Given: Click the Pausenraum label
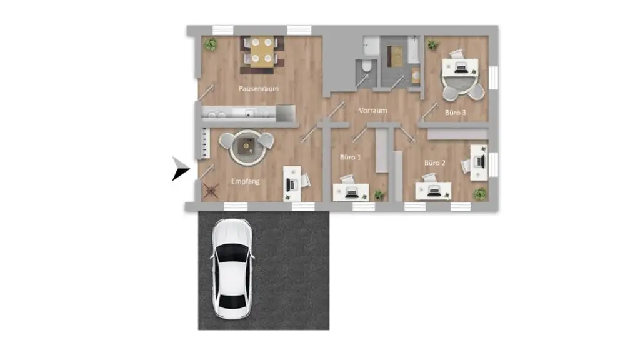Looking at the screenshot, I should pos(258,89).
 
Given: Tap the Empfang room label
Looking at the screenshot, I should pos(245,182).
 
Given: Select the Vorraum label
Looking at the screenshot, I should pos(372,111).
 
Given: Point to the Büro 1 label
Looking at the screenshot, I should pos(350,157).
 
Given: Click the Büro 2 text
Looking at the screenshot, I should pos(435,163).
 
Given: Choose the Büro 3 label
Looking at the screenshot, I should pos(456,113).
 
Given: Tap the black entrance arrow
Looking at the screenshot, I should pos(180,169).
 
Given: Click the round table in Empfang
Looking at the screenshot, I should pos(246,146).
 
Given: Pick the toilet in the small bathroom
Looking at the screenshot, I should pos(366,67).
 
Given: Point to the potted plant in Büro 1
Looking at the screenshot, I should pos(378,195).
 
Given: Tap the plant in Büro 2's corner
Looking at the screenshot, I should pos(479,194).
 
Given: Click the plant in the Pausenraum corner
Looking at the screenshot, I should pos(211,44).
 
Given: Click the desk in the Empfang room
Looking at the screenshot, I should pos(292,183).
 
